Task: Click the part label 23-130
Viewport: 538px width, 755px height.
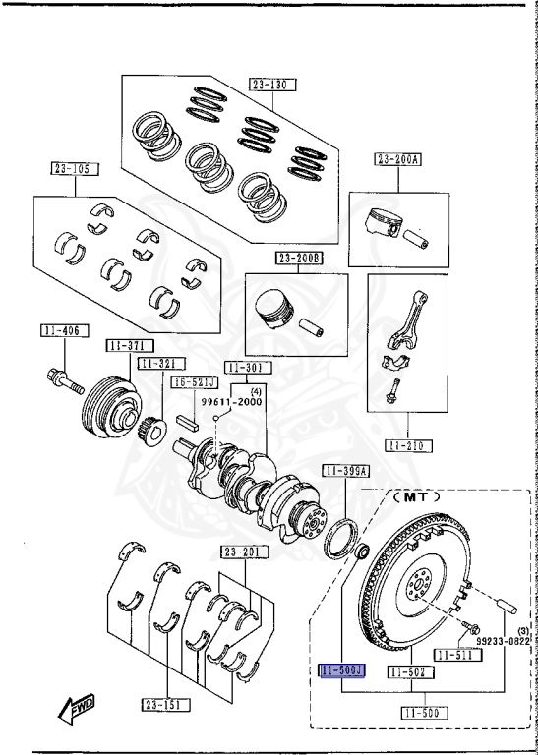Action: coord(271,85)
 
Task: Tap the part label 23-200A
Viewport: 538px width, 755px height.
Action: coord(397,159)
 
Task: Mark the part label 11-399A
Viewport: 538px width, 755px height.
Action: coord(345,472)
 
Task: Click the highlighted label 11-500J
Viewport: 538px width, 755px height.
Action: coord(341,671)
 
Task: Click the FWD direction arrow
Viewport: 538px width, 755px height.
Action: coord(77,704)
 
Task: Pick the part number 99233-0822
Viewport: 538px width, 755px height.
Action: coord(506,639)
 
